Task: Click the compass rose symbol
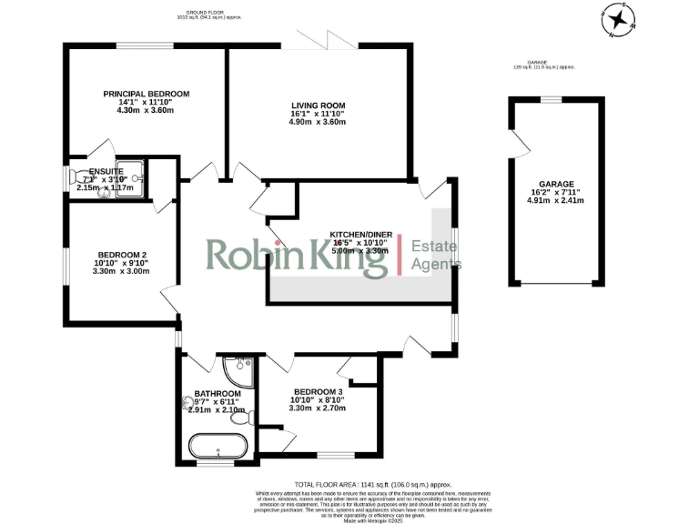tap(619, 19)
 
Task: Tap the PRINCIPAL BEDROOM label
tap(146, 95)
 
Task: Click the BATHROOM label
tap(218, 393)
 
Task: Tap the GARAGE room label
tap(555, 184)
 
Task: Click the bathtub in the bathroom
tap(217, 447)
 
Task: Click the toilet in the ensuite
tap(76, 178)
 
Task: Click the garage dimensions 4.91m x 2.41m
tap(555, 201)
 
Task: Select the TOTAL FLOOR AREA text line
tap(374, 485)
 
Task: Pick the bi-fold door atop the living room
tap(314, 41)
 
